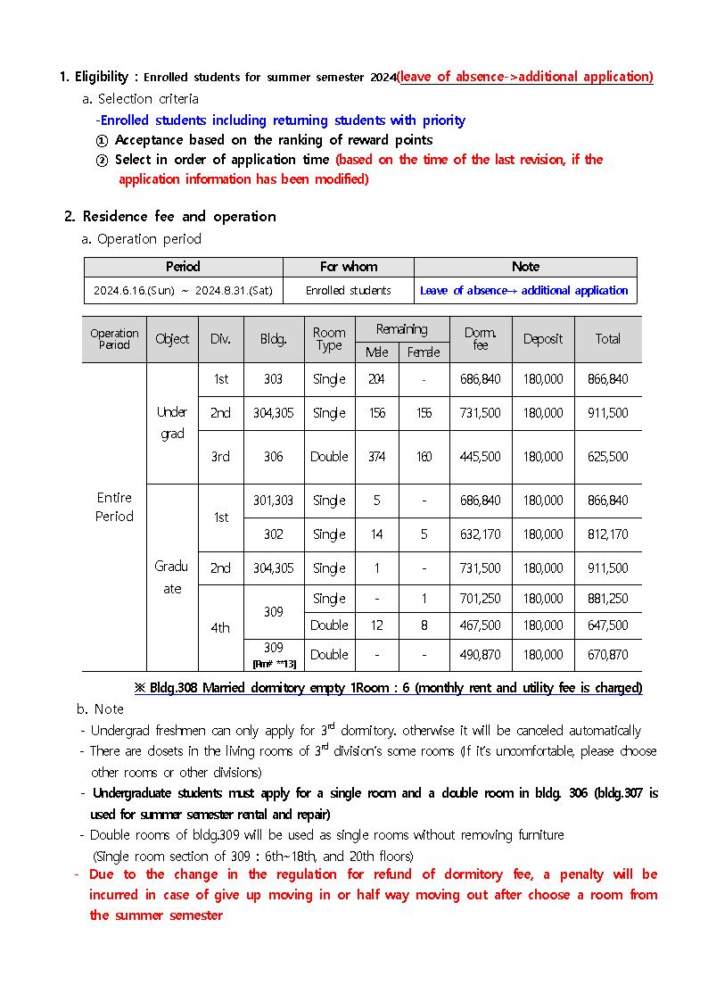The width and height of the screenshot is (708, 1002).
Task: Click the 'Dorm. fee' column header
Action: (x=480, y=339)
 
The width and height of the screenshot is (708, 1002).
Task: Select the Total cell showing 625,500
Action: (x=607, y=457)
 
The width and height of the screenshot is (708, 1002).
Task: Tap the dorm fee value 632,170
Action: (x=480, y=534)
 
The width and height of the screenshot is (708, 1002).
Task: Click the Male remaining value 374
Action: (x=376, y=457)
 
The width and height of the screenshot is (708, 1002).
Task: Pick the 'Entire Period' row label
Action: (x=114, y=507)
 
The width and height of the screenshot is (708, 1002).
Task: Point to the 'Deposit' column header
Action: (x=542, y=339)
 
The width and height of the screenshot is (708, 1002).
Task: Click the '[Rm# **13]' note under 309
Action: (x=273, y=664)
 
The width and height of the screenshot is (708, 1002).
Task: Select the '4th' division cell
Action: (x=220, y=628)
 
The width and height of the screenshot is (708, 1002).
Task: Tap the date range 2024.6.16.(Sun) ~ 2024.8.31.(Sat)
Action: (x=183, y=291)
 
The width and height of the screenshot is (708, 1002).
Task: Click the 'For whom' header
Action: (x=348, y=267)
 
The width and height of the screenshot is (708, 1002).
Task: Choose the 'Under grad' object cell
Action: (x=172, y=423)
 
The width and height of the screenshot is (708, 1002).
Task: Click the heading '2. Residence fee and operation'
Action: (x=170, y=217)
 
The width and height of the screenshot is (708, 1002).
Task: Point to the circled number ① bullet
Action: (x=102, y=140)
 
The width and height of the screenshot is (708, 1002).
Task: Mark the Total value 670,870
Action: (x=607, y=655)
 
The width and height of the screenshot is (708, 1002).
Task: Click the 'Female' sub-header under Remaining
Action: (x=424, y=352)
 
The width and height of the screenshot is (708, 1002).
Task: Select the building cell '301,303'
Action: (x=273, y=501)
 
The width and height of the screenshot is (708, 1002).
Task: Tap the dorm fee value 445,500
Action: (x=480, y=457)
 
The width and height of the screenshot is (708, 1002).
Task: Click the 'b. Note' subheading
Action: (x=100, y=709)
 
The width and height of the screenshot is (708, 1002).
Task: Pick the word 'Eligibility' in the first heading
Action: (x=104, y=77)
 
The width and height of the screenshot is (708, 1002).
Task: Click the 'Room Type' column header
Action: (x=329, y=339)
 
